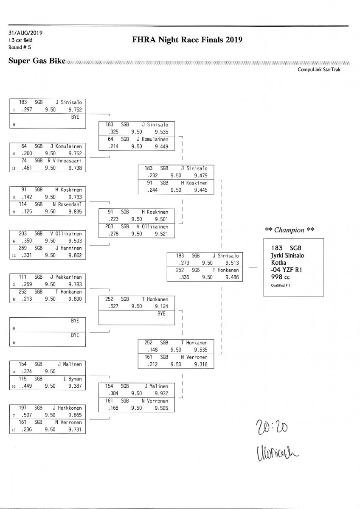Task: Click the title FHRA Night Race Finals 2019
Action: [x=187, y=40]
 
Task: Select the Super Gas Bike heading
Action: [x=37, y=61]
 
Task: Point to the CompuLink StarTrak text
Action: [x=319, y=70]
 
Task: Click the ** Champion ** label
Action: [x=290, y=230]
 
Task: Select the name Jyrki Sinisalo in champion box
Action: [x=288, y=255]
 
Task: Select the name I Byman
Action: [x=72, y=379]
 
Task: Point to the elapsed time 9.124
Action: [x=160, y=307]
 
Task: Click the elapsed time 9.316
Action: [x=200, y=364]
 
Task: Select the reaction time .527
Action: [x=112, y=307]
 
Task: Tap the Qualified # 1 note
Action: [x=281, y=285]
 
